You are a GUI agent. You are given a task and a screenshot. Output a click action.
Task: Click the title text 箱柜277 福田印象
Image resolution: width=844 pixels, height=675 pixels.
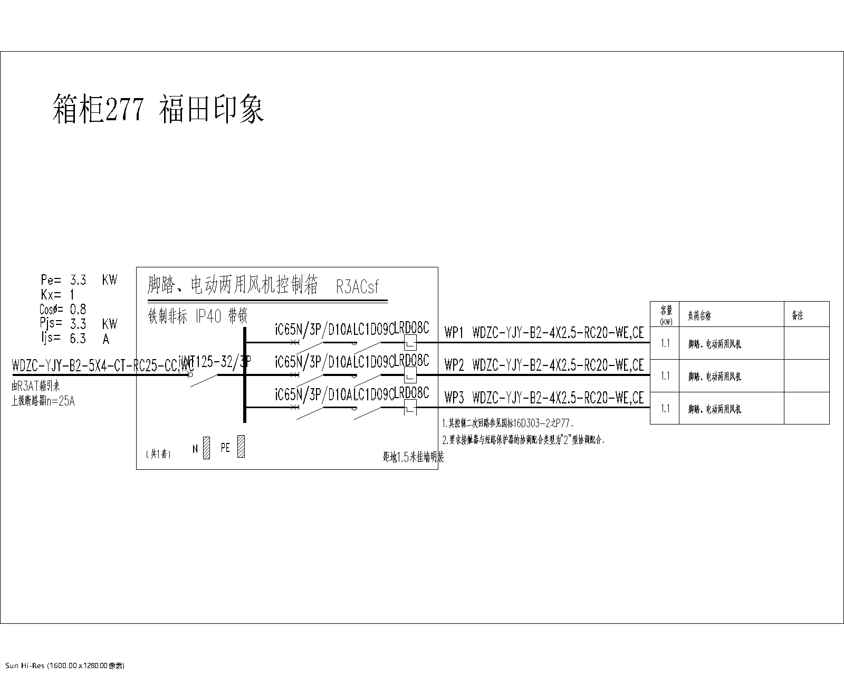[x=158, y=109]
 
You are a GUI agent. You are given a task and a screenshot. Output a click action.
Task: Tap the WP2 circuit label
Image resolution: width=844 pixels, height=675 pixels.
[x=454, y=365]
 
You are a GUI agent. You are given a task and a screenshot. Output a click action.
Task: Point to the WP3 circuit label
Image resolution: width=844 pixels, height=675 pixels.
[x=454, y=398]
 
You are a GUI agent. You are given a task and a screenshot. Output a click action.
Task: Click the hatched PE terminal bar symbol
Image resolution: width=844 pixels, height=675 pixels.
[x=241, y=446]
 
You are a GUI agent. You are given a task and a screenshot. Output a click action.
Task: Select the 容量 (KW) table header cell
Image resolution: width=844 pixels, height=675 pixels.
[x=666, y=314]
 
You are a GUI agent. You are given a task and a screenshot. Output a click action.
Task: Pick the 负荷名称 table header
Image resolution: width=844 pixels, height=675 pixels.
[x=699, y=316]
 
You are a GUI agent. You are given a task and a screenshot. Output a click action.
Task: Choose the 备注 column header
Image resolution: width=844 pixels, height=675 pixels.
[x=797, y=315]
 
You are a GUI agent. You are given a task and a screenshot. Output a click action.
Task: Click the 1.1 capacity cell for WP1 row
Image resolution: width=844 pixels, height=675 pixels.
[x=665, y=343]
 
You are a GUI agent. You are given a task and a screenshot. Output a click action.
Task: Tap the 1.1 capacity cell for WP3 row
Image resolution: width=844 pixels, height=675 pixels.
[x=665, y=408]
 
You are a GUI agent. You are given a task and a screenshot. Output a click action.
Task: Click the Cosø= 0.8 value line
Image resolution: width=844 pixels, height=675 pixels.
[x=63, y=309]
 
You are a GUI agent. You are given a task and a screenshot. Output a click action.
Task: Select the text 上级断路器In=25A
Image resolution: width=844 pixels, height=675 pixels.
[x=43, y=401]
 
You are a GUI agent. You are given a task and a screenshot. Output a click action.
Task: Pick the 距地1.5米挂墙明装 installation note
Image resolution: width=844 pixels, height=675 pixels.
[x=414, y=458]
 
